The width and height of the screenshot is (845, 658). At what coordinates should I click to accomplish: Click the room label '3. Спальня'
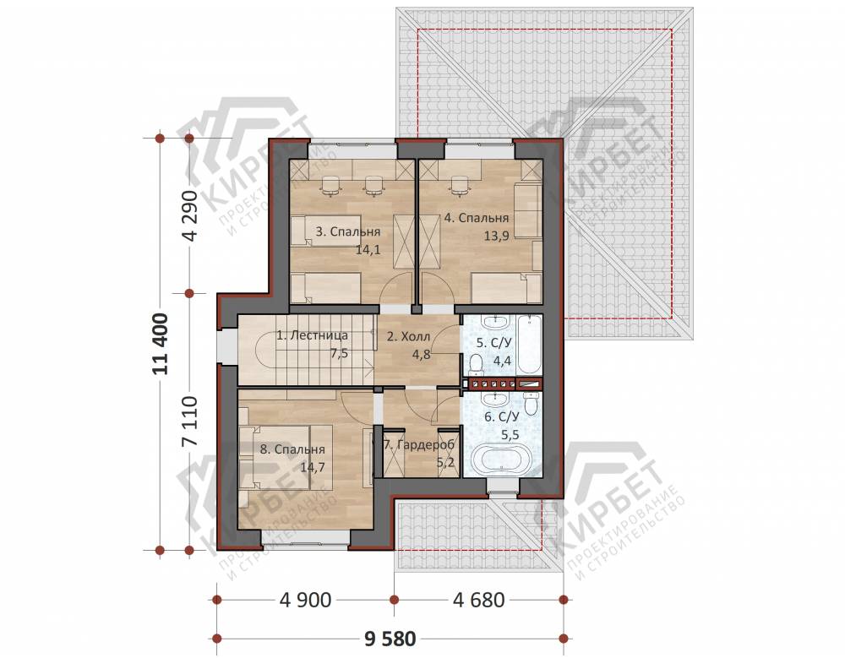pos(347,231)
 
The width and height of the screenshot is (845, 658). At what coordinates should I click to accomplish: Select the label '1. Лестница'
pos(312,335)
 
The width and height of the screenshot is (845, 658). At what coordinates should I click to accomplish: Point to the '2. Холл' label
pos(408,337)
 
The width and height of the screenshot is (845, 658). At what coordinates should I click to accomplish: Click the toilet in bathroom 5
pos(475,364)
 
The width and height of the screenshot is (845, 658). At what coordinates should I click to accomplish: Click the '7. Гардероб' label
pos(419,445)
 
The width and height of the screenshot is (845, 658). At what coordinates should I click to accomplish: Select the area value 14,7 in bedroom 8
pos(313,467)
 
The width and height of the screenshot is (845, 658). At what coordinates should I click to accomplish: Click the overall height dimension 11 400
pos(161,343)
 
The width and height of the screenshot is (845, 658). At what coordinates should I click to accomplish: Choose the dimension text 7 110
pos(190,421)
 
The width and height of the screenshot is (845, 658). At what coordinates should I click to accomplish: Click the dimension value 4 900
pos(305,599)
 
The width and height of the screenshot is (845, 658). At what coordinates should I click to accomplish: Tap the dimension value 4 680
pos(479,599)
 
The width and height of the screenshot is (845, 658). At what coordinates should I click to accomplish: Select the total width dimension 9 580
pos(390,639)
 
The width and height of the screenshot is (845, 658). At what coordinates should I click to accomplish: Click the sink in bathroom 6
pos(495,400)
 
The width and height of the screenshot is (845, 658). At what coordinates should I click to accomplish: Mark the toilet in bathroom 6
pos(532,405)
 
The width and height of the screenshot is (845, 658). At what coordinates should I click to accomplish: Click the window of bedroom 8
pos(306,539)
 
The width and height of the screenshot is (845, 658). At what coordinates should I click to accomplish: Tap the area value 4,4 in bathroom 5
pos(502,361)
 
